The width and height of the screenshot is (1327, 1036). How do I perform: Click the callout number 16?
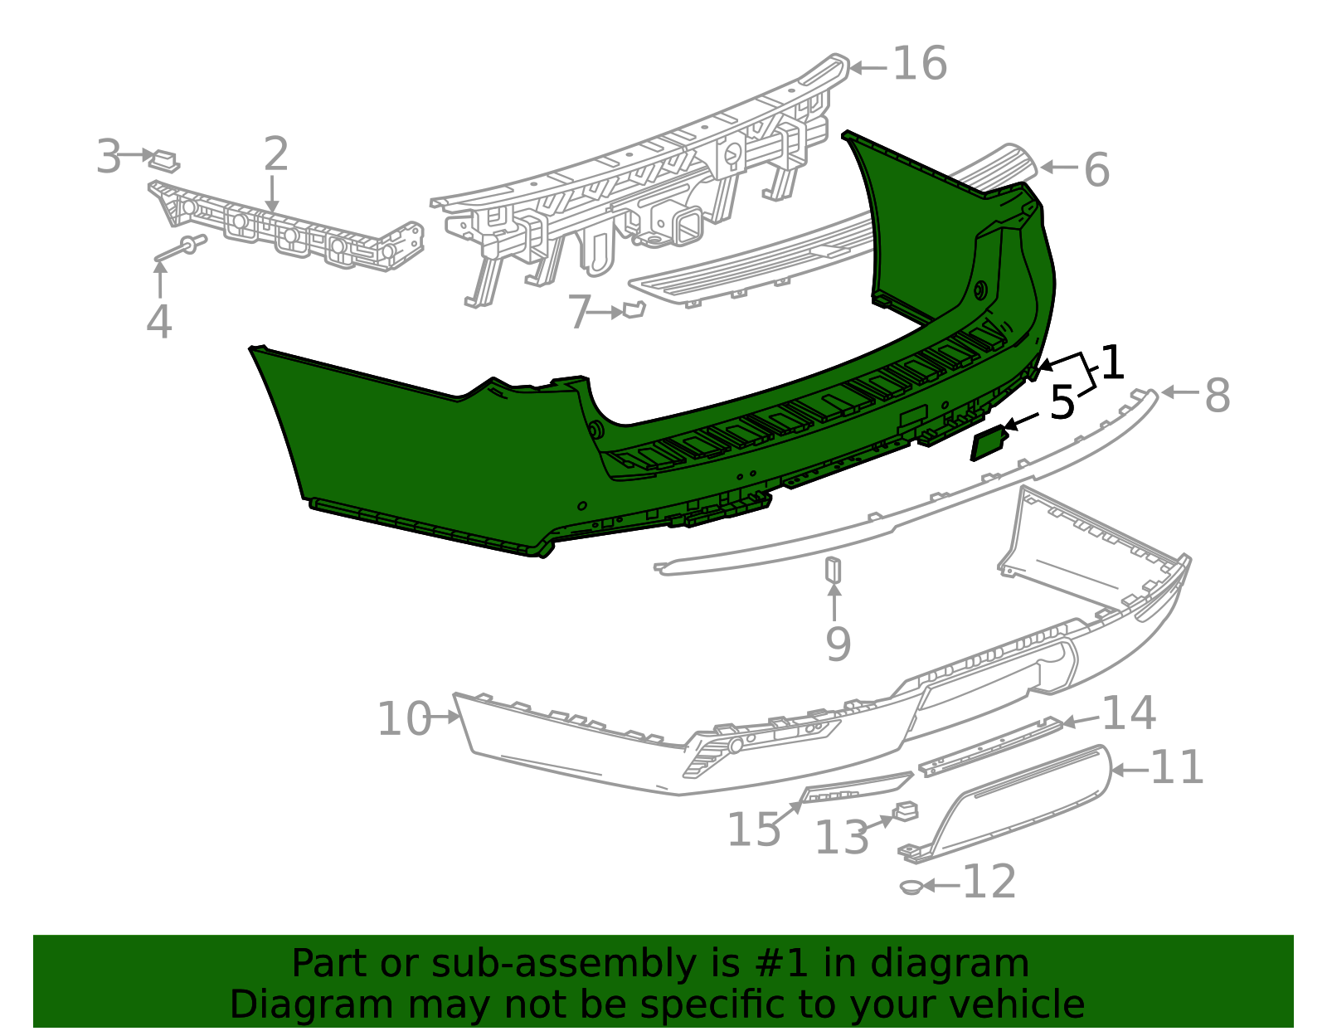coord(920,64)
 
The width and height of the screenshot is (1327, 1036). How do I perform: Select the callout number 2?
coord(276,154)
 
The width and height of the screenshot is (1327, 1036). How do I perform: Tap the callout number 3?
coord(109,157)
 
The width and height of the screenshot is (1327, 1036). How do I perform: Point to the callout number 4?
coord(158,322)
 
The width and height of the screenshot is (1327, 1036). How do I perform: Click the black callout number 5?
coord(1062,403)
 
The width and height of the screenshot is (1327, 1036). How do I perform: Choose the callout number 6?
coord(1096,170)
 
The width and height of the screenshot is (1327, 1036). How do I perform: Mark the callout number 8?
coord(1217,396)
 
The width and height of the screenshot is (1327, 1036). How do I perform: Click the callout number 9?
coord(838,644)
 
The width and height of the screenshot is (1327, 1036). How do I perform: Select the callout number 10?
coord(404,719)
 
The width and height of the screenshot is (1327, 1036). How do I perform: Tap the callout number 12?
coord(989,882)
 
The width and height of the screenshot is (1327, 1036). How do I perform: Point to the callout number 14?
coord(1129,713)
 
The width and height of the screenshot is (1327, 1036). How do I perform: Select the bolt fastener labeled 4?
coord(180,248)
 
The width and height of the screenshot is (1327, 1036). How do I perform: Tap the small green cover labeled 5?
coord(989,442)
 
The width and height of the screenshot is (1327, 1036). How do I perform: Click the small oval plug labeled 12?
coord(911,887)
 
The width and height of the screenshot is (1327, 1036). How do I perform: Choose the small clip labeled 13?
coord(905,810)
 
